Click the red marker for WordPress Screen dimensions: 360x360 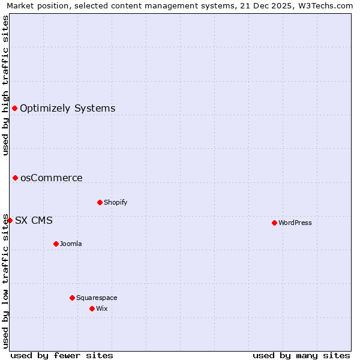click(274, 223)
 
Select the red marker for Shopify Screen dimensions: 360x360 click(100, 202)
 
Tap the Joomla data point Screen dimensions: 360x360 click(56, 244)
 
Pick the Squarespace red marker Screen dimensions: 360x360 click(72, 298)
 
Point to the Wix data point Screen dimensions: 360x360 click(92, 308)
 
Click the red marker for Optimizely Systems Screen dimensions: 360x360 click(15, 108)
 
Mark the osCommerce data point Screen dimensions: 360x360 click(15, 178)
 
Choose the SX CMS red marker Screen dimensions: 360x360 click(10, 220)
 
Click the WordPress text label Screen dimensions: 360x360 click(295, 223)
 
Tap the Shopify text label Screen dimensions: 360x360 click(115, 202)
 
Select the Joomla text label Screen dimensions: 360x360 click(71, 244)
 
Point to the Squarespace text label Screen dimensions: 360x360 click(97, 298)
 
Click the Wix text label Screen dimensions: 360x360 click(102, 308)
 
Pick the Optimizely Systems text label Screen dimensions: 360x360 click(67, 109)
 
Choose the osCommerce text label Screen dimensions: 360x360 click(51, 178)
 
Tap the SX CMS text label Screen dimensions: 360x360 click(34, 221)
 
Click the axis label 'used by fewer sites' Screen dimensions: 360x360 click(62, 355)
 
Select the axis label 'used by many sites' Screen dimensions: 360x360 click(301, 355)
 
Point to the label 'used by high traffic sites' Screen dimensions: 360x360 click(5, 85)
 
